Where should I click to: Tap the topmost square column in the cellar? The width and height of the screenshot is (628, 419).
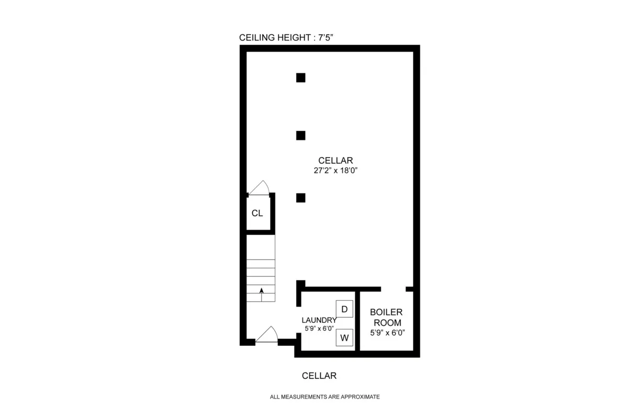300,78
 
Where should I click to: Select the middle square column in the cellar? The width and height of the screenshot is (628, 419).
300,135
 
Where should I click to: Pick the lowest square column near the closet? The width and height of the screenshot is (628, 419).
300,198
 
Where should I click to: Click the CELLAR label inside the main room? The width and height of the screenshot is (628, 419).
335,161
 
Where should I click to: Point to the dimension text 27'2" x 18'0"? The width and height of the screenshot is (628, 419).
335,170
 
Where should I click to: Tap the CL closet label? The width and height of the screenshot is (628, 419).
257,213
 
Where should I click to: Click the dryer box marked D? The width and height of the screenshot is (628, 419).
344,309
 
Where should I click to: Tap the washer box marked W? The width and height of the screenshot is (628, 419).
344,338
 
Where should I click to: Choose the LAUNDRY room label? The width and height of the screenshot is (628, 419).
319,320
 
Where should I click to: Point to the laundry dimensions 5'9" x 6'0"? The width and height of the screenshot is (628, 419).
319,329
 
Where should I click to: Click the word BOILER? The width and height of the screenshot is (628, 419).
386,312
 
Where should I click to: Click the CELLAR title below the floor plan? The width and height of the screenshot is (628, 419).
319,376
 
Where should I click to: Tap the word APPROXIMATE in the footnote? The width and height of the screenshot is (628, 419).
360,397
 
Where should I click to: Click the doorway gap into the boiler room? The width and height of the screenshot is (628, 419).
393,289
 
